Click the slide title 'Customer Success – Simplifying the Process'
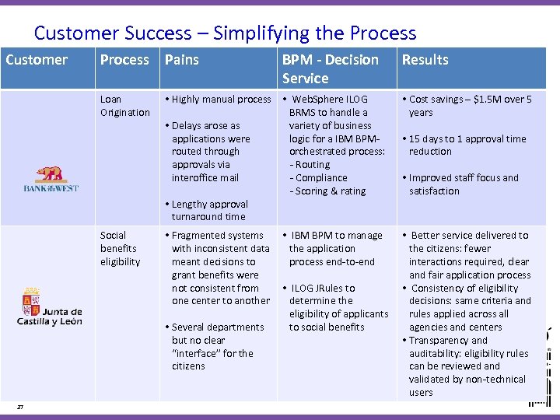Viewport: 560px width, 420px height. coord(225,33)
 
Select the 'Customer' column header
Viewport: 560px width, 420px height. coord(37,60)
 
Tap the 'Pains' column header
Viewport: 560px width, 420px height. coord(182,60)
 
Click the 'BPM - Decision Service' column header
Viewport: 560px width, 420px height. coord(330,68)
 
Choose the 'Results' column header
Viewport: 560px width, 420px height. coord(425,60)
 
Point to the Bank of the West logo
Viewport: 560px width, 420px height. coord(51,178)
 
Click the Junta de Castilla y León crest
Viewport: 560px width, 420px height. coord(32,301)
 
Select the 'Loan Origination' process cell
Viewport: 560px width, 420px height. coord(124,106)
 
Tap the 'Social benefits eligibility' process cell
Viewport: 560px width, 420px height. coord(120,248)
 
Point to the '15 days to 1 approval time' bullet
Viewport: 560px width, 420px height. coord(467,145)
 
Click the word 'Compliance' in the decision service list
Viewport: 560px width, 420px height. coord(321,178)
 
